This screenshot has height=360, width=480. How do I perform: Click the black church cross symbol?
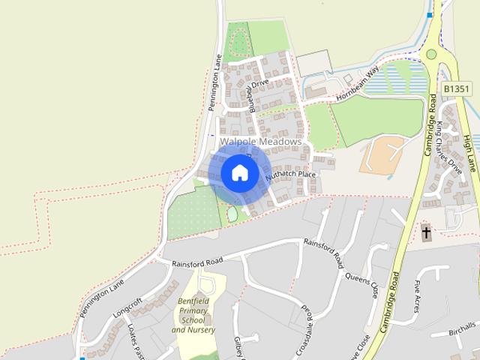click(x=426, y=232)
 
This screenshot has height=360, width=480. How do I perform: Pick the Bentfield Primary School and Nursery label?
click(x=193, y=316)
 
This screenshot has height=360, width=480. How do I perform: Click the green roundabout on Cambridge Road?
click(x=431, y=53)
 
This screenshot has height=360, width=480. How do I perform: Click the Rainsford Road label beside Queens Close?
click(x=323, y=252)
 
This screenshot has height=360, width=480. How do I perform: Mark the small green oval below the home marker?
click(x=232, y=214)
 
